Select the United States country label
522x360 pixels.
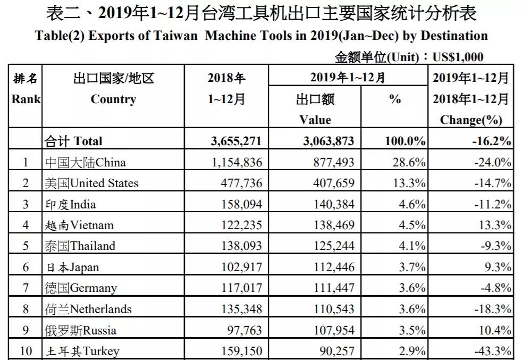pyautogui.click(x=91, y=183)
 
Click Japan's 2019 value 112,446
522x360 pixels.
pyautogui.click(x=330, y=267)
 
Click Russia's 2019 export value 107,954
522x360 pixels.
pyautogui.click(x=330, y=330)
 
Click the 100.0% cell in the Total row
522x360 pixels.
pyautogui.click(x=405, y=141)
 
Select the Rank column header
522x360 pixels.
pyautogui.click(x=26, y=99)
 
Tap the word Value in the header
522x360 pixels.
pyautogui.click(x=315, y=120)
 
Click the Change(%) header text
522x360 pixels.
pyautogui.click(x=471, y=120)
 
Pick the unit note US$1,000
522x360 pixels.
pyautogui.click(x=458, y=57)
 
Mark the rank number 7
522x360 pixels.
pyautogui.click(x=26, y=288)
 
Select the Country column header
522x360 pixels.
pyautogui.click(x=113, y=99)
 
